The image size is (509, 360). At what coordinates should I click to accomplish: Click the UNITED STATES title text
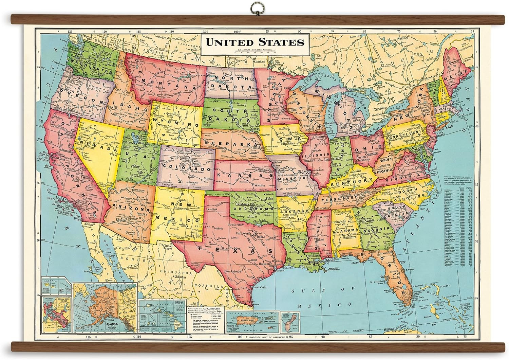(x=255, y=42)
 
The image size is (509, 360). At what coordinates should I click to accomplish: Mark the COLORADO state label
(x=186, y=167)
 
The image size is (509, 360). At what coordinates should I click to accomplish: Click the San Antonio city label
(x=232, y=271)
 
